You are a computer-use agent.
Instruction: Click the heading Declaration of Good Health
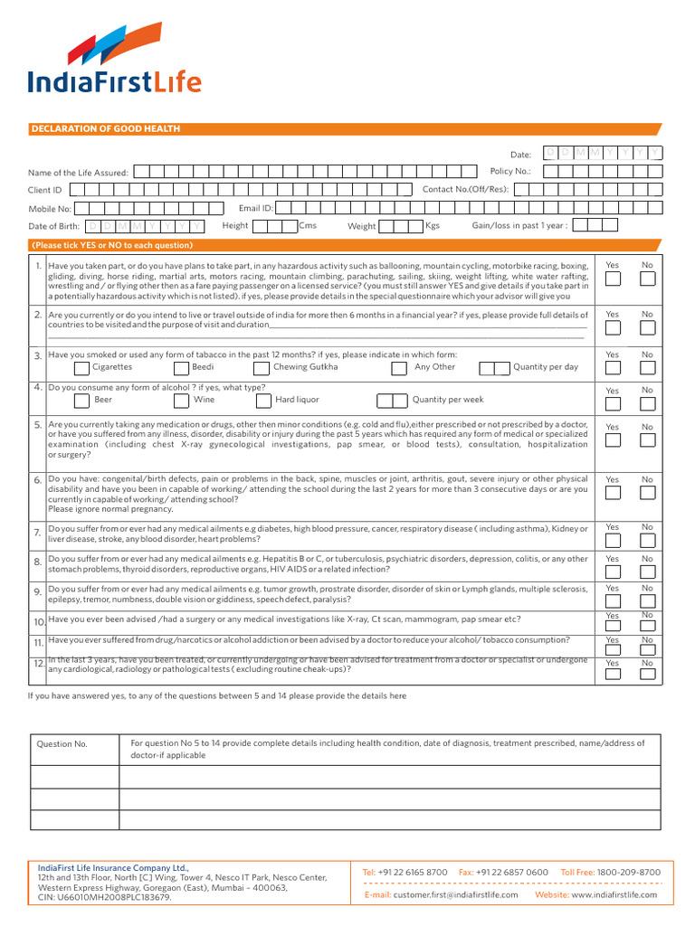point(106,129)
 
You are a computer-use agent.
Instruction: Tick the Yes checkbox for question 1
point(613,279)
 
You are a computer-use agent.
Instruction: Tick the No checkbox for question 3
point(647,369)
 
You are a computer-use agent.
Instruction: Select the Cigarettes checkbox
point(82,368)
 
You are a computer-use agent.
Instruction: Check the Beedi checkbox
point(181,368)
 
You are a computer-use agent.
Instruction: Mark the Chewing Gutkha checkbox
point(262,368)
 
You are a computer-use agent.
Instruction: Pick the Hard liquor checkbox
point(263,400)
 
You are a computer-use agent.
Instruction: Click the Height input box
point(275,225)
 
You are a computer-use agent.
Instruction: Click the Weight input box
point(401,225)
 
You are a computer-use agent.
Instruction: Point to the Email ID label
point(255,208)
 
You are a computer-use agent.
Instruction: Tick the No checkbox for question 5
point(647,440)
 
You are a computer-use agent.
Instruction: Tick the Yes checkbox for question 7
point(613,541)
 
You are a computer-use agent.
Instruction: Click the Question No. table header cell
point(62,744)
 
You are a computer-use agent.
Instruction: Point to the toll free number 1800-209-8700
point(629,872)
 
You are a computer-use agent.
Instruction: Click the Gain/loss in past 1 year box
point(594,225)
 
